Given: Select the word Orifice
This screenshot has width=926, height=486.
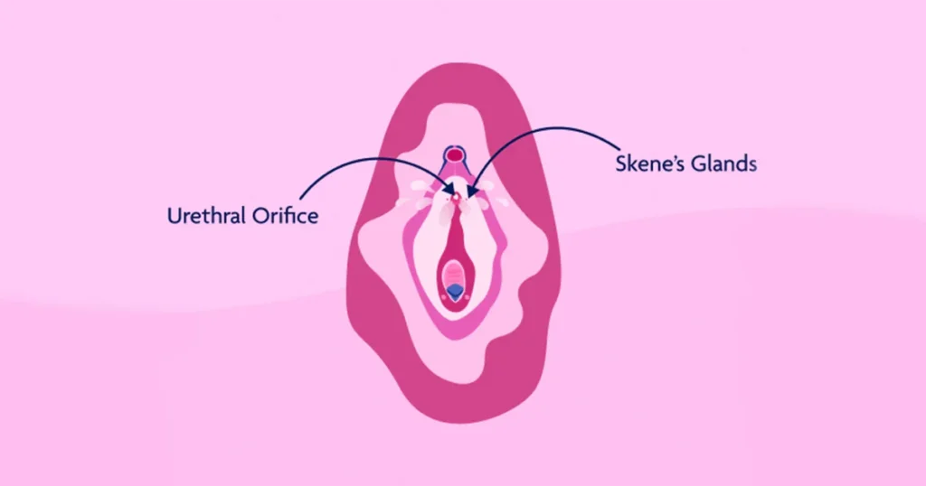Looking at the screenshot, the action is (x=285, y=215).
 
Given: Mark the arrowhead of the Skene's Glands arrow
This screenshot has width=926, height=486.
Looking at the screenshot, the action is (x=470, y=191).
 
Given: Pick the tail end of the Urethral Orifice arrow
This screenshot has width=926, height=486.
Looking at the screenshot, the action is (x=300, y=200).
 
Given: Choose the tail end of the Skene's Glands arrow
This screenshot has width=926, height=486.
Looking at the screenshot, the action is (x=619, y=149).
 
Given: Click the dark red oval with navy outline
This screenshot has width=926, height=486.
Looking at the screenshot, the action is (x=454, y=155).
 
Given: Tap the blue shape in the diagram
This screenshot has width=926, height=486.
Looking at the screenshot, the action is (x=454, y=292).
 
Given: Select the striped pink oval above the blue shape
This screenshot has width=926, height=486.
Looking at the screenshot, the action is (x=454, y=275).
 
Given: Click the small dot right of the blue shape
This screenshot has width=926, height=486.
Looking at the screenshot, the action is (x=468, y=296).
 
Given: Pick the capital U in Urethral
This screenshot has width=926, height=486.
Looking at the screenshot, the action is (x=174, y=216).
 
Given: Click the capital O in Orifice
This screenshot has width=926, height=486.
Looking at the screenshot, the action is (x=260, y=216).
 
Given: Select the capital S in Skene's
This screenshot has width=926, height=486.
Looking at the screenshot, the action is (x=620, y=164).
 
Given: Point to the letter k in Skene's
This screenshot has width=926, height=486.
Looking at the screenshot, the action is (x=634, y=164).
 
